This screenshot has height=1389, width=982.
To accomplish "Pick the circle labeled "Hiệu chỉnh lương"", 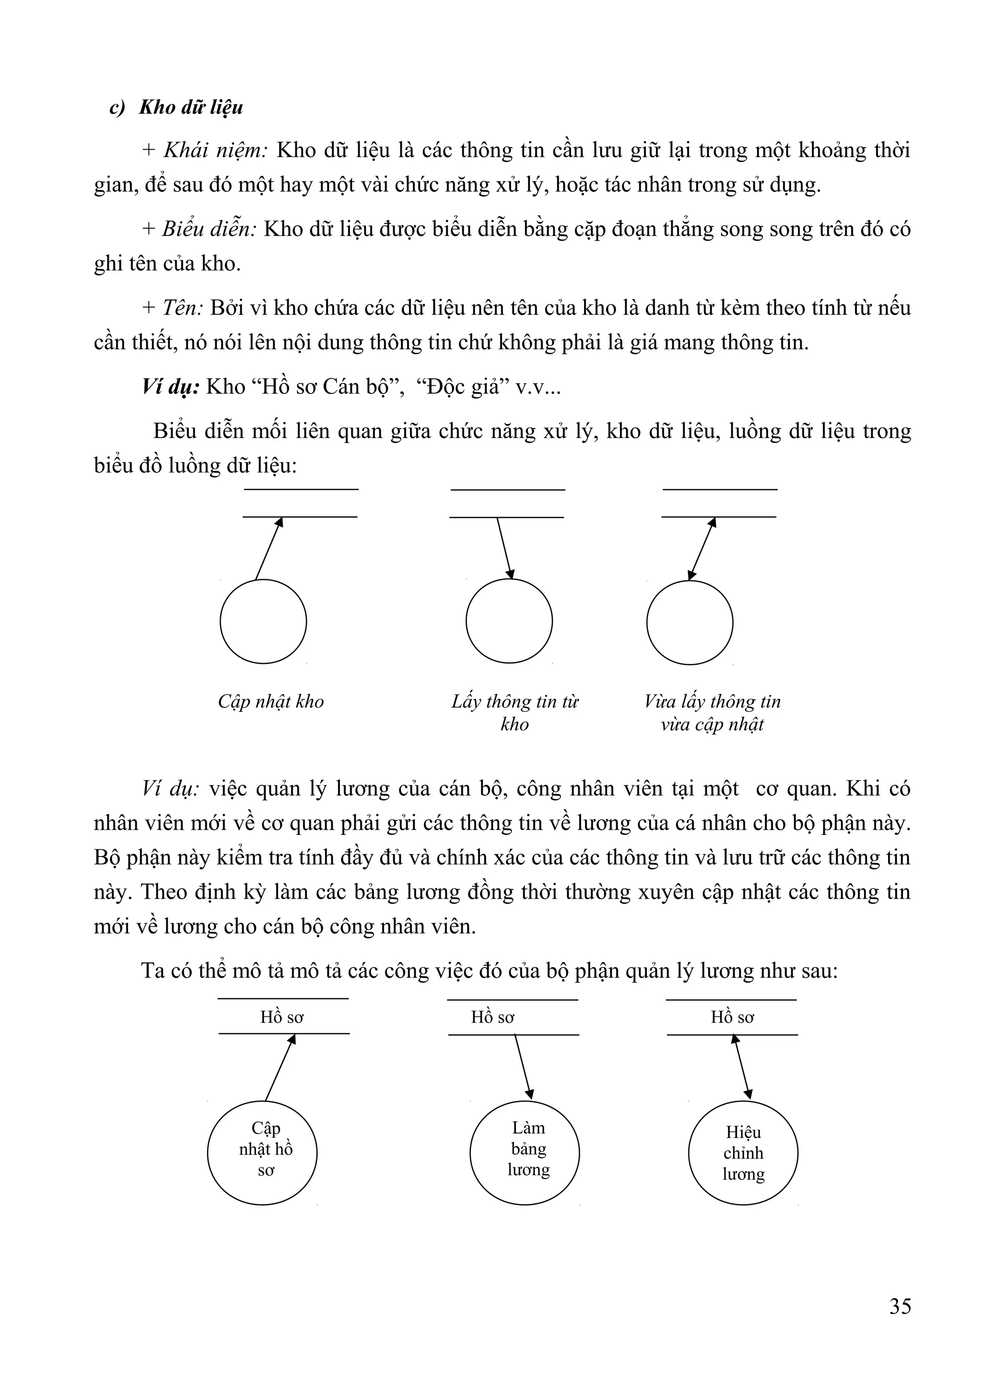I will [743, 1153].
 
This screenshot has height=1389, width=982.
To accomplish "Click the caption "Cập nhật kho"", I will [270, 702].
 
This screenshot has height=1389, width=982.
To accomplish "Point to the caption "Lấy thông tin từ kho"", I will [514, 713].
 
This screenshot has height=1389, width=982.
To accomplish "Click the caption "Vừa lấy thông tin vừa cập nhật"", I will [712, 713].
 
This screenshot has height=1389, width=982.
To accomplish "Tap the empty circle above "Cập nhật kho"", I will [263, 621].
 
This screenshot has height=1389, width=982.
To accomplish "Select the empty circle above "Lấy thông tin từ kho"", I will [509, 621].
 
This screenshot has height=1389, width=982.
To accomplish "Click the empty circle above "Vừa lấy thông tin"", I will [690, 623].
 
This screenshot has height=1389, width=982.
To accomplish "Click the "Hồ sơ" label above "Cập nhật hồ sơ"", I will [282, 1017].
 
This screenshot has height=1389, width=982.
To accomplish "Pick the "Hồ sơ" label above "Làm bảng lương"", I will [492, 1017].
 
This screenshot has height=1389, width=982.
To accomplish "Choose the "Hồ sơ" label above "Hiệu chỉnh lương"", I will [732, 1017].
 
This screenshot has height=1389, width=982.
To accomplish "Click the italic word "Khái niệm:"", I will [215, 150].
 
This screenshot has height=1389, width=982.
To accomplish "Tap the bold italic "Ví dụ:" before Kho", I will [171, 387].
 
